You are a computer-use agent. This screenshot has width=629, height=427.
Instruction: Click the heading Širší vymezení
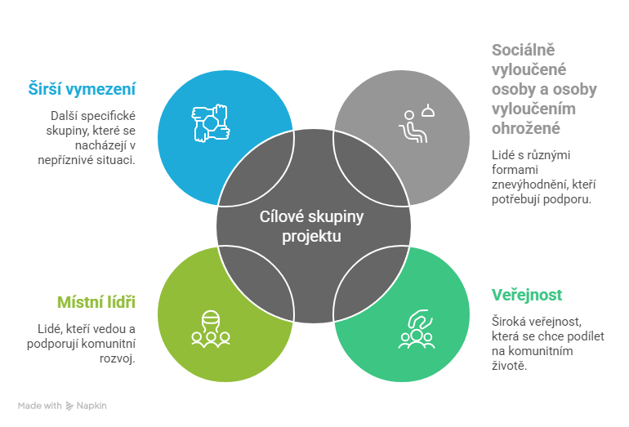(81, 89)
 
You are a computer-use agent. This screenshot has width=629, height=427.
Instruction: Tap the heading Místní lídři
(95, 303)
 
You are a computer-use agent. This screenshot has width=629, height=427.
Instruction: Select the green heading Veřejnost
(527, 295)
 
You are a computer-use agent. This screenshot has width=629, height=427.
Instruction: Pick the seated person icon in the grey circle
(413, 125)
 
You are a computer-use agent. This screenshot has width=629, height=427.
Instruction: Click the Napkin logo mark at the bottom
(71, 406)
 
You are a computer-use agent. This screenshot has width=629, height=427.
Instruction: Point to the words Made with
(39, 406)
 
